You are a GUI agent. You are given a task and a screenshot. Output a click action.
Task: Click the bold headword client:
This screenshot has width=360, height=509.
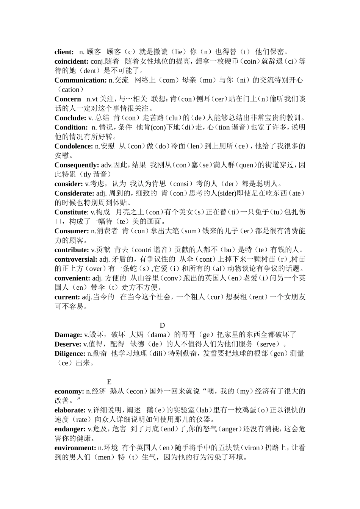coord(64,52)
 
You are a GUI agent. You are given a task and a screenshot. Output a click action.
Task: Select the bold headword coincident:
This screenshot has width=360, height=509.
coord(72,61)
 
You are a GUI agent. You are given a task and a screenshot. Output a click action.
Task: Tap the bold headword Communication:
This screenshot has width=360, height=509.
coord(81,80)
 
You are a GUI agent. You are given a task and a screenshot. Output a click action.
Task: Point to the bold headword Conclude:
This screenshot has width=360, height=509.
coord(70,118)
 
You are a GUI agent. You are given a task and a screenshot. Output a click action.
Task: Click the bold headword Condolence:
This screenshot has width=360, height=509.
coord(74,146)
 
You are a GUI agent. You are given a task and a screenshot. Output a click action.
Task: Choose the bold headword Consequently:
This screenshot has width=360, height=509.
coord(77,165)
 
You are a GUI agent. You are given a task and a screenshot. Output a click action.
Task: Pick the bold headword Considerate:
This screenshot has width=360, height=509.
coord(74,193)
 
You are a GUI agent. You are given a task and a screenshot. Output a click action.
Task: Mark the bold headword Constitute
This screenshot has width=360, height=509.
coord(71,212)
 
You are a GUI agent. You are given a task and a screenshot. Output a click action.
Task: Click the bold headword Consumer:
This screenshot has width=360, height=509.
coord(72,231)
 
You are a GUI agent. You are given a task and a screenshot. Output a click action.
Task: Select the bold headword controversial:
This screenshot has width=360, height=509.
coord(76,259)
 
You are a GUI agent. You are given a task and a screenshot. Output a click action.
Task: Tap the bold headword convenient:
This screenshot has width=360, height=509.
coord(72,278)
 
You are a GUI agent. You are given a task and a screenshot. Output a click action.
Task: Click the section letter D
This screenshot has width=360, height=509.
coord(162,325)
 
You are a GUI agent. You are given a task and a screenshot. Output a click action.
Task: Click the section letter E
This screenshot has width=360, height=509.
coord(109,382)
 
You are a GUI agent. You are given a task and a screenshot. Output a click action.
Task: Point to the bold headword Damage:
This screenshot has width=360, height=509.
coord(68,335)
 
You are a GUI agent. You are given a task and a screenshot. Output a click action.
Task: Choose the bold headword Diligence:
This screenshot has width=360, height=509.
coord(70,354)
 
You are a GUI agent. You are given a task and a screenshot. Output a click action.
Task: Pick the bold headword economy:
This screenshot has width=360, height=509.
coord(69,391)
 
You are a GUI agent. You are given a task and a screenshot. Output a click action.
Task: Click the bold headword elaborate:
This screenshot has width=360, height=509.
coord(70,410)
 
